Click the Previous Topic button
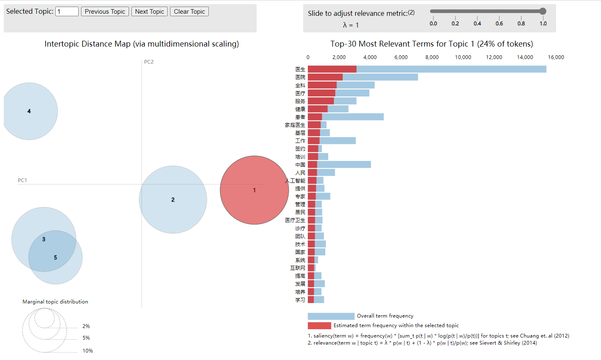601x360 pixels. tap(105, 12)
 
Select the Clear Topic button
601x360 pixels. tap(189, 12)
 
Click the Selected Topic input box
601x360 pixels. tap(67, 12)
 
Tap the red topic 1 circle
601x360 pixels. tap(254, 190)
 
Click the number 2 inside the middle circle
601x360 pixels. tap(173, 200)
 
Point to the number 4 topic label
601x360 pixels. tap(29, 111)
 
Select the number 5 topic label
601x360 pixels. tap(55, 258)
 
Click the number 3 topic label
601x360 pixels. tap(44, 239)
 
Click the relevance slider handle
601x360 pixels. tap(543, 11)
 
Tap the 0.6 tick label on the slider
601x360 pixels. tap(499, 24)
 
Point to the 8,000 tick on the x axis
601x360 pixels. tap(432, 57)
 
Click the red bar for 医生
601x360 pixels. tap(332, 69)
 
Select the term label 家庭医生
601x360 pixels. tap(295, 125)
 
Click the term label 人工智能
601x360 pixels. tap(295, 181)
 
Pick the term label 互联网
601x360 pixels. tap(298, 268)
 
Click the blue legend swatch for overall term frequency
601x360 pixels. tap(331, 316)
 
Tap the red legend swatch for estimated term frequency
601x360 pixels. tap(319, 325)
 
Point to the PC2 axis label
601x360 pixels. tap(149, 62)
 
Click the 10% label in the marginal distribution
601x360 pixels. tap(88, 351)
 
